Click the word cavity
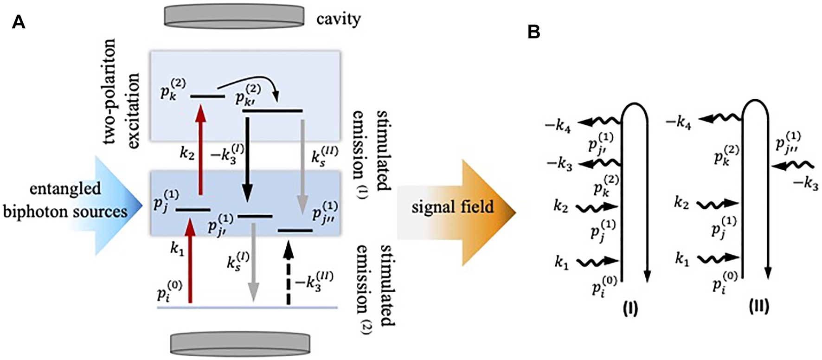point(338,19)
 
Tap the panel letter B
point(534,32)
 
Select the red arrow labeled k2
point(200,148)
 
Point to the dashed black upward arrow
point(289,274)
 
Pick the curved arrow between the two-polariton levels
point(250,85)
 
